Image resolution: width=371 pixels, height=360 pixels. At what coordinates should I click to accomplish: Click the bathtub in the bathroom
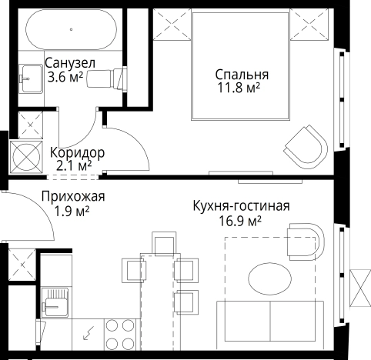tap(72, 31)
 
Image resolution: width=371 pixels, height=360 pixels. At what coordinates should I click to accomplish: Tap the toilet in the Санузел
tap(107, 78)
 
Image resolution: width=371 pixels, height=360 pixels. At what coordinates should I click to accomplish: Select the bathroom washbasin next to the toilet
tap(30, 76)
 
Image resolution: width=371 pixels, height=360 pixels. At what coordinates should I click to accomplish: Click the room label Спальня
tap(242, 75)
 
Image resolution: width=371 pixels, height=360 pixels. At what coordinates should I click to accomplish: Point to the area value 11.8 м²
tap(239, 88)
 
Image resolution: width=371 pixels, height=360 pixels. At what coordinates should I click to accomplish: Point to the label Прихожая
tap(73, 197)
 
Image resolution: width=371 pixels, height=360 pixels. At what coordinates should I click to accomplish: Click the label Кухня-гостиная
tap(241, 206)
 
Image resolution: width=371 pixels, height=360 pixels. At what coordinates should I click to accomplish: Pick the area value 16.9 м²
tap(240, 221)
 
